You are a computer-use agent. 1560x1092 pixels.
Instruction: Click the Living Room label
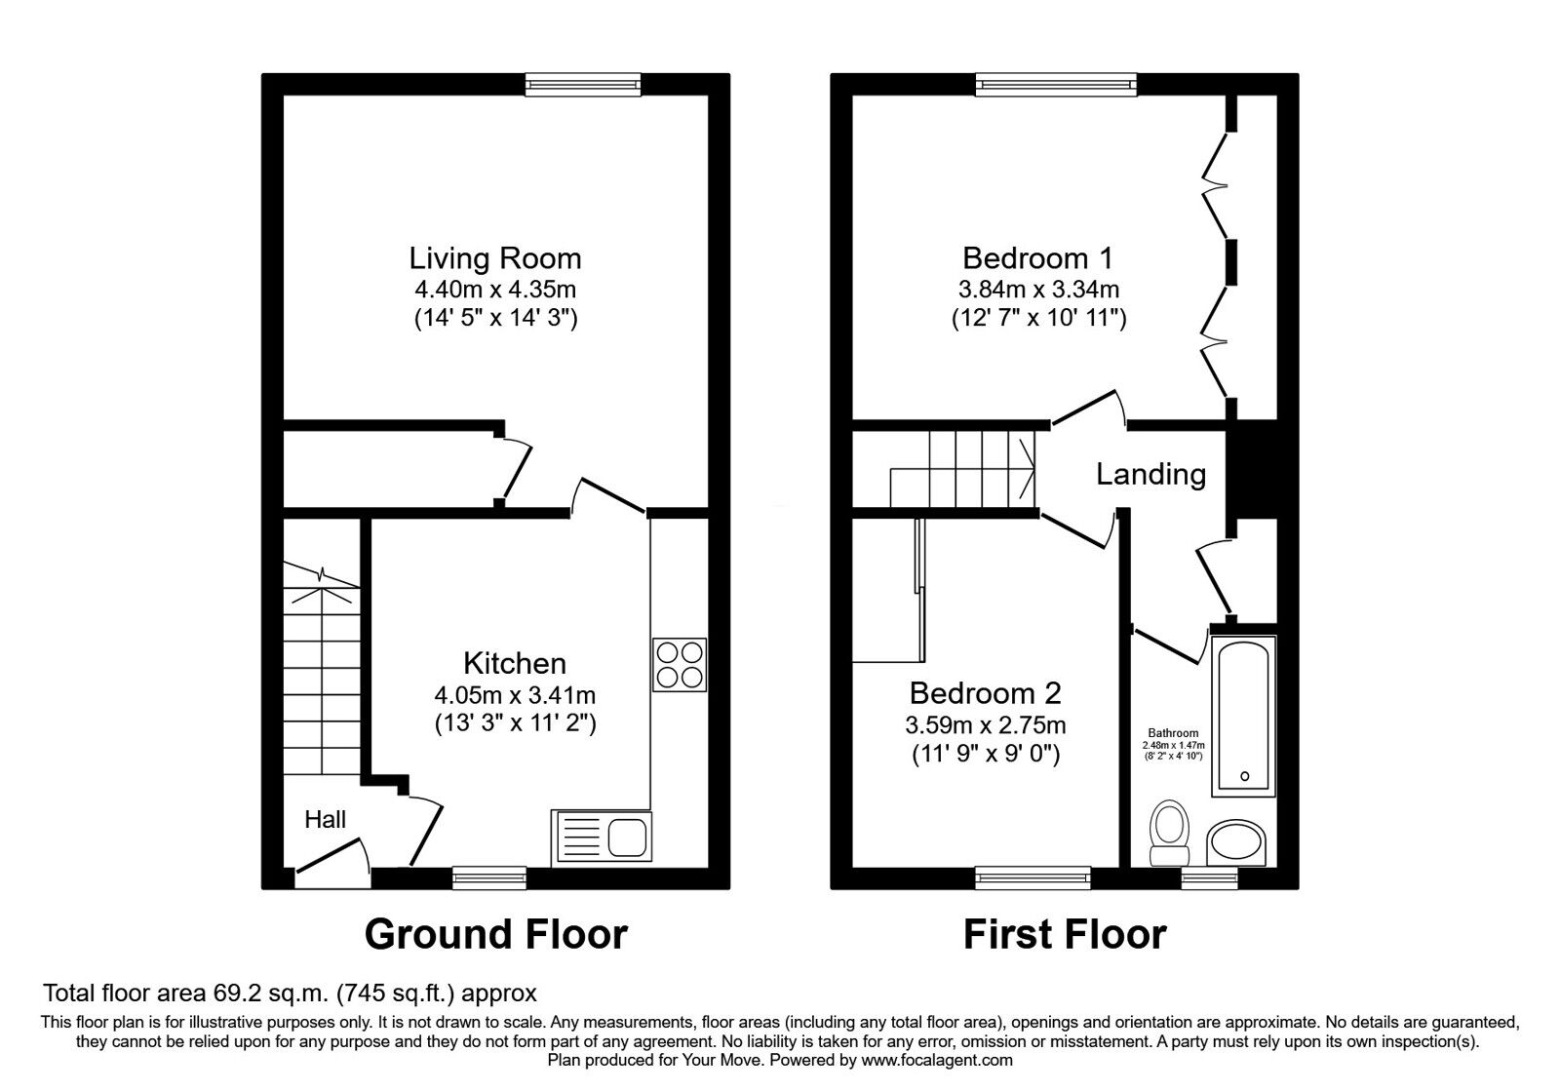click(494, 258)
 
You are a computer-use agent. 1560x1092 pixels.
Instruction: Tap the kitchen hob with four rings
click(680, 664)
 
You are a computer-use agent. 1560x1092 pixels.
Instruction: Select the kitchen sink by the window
click(602, 838)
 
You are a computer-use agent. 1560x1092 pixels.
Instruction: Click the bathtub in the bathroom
click(1244, 716)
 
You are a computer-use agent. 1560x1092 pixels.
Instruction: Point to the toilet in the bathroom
click(1169, 833)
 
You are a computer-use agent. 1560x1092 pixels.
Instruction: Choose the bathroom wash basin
click(1236, 842)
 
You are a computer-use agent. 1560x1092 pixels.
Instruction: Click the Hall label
click(326, 820)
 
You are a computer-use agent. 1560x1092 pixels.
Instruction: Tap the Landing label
click(1151, 474)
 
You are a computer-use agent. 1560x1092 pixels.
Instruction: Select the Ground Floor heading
click(496, 935)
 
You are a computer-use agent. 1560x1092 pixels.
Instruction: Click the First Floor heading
click(1065, 935)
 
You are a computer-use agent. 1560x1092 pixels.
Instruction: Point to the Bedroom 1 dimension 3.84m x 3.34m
click(1039, 289)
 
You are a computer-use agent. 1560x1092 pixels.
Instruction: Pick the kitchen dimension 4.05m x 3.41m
click(516, 695)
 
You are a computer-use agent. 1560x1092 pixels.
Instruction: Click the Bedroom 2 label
click(986, 693)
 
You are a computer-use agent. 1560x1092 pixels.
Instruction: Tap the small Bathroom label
click(1174, 733)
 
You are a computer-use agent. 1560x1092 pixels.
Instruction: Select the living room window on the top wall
click(583, 85)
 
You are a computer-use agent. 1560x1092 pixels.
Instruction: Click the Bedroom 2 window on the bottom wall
click(1033, 878)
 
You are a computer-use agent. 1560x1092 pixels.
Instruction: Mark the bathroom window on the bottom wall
click(1210, 878)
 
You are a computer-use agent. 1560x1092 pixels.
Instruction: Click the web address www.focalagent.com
click(937, 1061)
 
